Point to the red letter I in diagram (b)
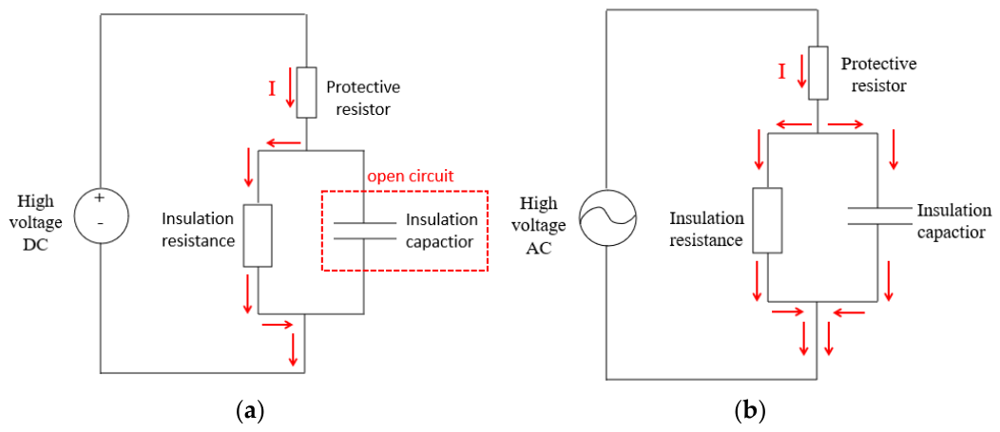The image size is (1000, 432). point(781,72)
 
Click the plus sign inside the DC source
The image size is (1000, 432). point(99,198)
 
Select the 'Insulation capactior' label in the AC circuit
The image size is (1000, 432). point(953,221)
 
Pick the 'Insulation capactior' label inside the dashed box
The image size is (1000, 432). point(441,231)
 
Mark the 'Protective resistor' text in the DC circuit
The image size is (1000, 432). point(363,98)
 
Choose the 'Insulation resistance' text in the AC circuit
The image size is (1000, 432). point(706,230)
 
